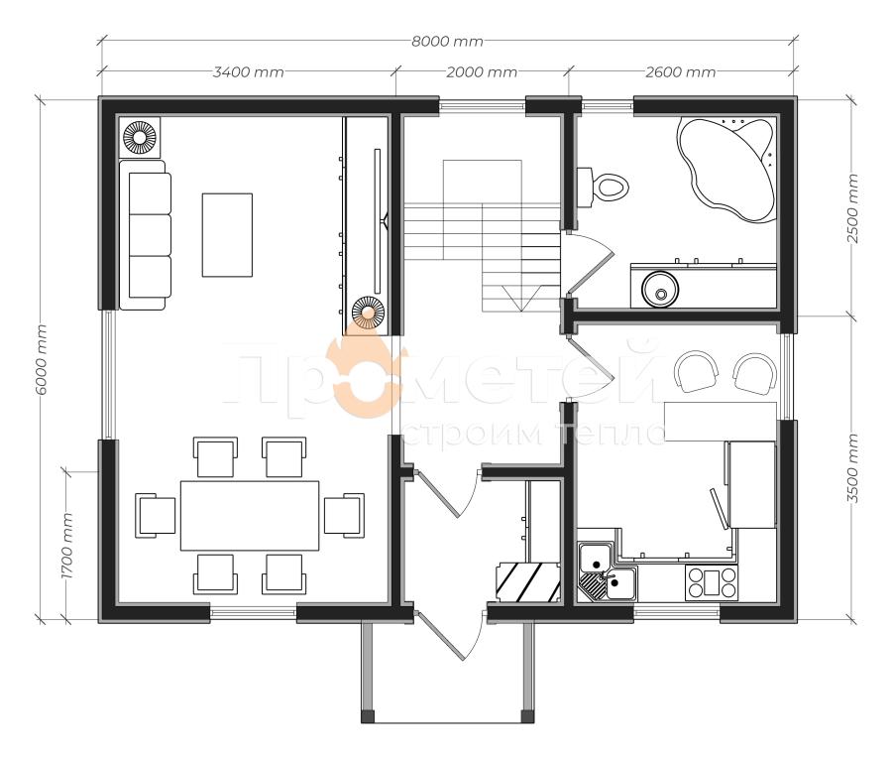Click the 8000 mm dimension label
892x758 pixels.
tap(447, 42)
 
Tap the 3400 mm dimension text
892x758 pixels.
tap(248, 72)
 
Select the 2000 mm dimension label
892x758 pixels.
tap(482, 72)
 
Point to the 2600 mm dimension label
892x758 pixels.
tap(680, 72)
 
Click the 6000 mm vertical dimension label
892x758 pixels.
tap(41, 360)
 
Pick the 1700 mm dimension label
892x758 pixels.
tap(67, 546)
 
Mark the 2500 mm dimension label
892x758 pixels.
tap(852, 208)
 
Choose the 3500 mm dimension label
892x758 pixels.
tap(852, 468)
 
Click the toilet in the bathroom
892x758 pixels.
tap(602, 186)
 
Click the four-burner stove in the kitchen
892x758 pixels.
tap(711, 582)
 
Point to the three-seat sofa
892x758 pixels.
tap(145, 235)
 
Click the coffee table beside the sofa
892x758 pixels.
tap(227, 235)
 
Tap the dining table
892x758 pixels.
tap(250, 516)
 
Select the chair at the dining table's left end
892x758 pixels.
tap(156, 515)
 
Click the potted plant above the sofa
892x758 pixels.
tap(140, 137)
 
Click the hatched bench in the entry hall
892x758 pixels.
tap(527, 582)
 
